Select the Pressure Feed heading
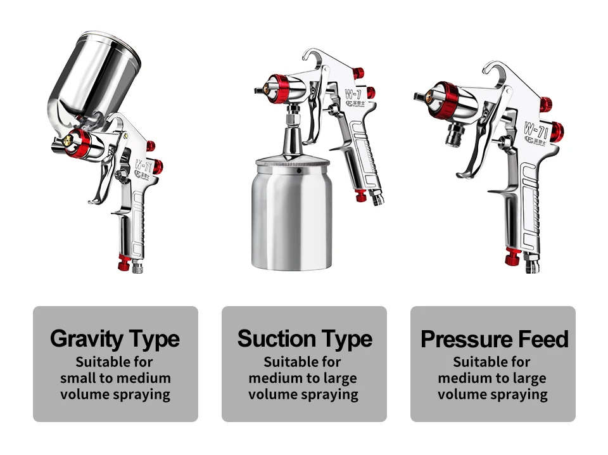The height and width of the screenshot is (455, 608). [x=495, y=339]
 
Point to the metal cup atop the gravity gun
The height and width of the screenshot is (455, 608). [x=94, y=77]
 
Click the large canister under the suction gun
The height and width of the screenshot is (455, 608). [x=291, y=214]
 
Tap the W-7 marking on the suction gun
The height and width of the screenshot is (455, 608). [x=353, y=94]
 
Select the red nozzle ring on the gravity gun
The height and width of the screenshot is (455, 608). [x=79, y=143]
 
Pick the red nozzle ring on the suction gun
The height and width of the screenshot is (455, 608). [x=279, y=89]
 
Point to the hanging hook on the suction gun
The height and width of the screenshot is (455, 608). [x=313, y=56]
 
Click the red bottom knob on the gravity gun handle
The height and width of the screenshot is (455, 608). [x=124, y=262]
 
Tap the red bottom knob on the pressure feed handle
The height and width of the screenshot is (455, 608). [x=512, y=257]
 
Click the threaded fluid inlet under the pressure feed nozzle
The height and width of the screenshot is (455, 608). [x=454, y=134]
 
